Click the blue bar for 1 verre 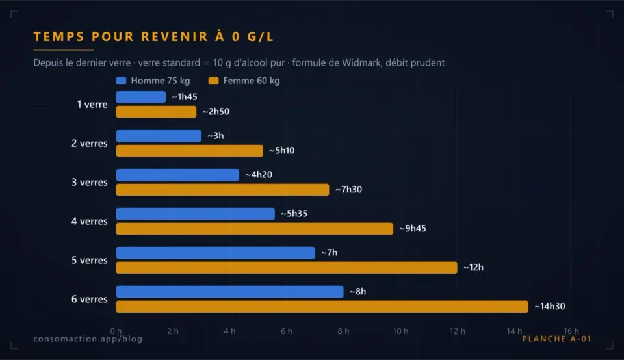point(141,97)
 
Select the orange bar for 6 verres point(322,307)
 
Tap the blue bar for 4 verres point(196,214)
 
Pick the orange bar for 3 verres point(222,190)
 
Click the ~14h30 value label point(550,306)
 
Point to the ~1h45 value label point(184,97)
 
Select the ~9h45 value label point(413,228)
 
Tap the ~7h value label point(329,253)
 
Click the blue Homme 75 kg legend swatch point(121,81)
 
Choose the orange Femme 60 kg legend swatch point(214,81)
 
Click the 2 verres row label point(90,143)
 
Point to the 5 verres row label point(90,260)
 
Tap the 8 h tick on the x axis point(343,331)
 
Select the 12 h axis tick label point(457,331)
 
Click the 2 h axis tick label point(173,331)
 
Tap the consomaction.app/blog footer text point(88,339)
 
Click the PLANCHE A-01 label point(557,339)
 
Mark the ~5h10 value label point(281,150)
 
